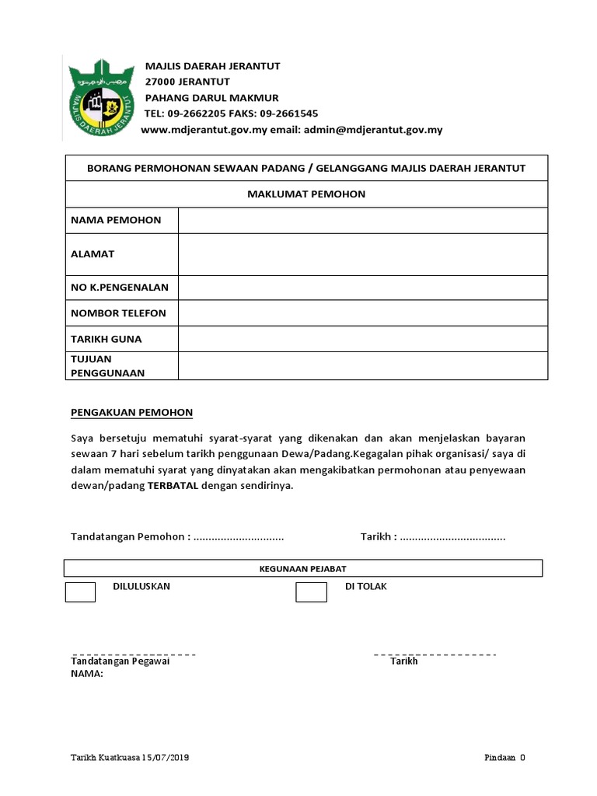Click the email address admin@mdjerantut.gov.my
[x=372, y=130]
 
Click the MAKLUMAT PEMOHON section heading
[x=305, y=194]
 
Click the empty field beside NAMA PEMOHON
[x=362, y=220]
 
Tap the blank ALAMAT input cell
[x=362, y=254]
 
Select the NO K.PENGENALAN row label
[x=119, y=287]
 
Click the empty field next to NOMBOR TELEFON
[x=362, y=313]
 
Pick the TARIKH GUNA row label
[x=106, y=340]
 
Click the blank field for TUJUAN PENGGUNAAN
[x=362, y=366]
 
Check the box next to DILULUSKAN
[x=80, y=592]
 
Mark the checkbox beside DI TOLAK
[x=311, y=592]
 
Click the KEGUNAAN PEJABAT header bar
[x=302, y=569]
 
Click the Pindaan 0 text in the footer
[x=505, y=758]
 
